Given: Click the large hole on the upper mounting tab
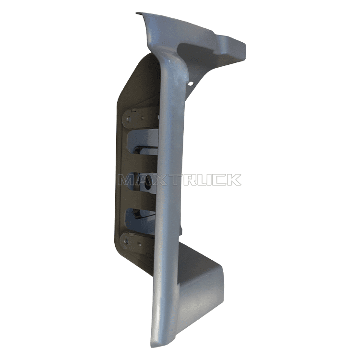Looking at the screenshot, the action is coord(128,119).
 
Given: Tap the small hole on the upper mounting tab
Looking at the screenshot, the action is coord(143,118).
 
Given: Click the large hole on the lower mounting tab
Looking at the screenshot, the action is coord(126,241).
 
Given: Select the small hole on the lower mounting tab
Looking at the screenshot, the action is coord(139,245).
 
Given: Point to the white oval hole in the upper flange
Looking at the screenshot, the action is coord(191,84).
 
